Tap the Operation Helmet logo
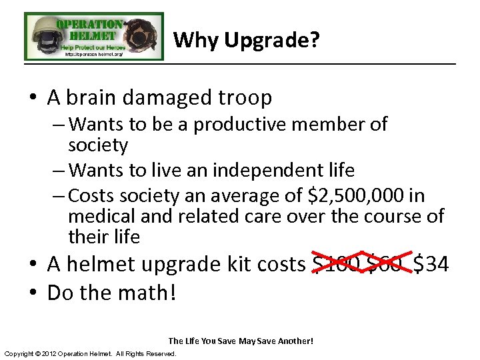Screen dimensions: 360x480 [x=94, y=37]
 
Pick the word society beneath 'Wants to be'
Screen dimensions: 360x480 [x=98, y=145]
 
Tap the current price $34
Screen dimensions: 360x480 [x=431, y=265]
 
